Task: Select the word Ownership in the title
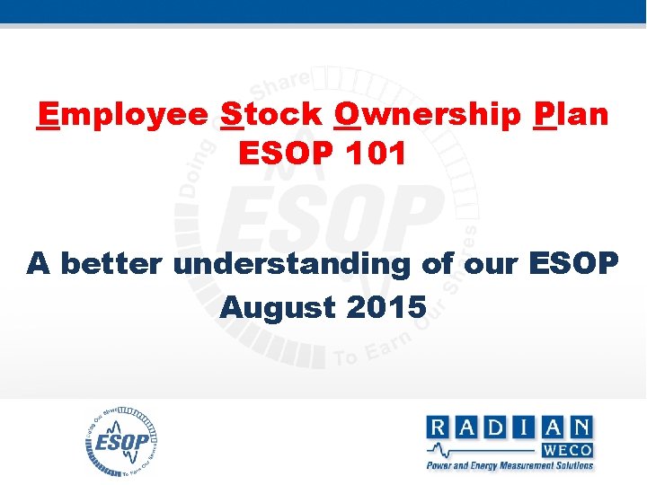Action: click(427, 115)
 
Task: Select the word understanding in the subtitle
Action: click(292, 265)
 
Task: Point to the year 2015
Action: click(385, 306)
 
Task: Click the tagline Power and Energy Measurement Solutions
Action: click(510, 465)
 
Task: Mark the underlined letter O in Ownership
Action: click(346, 115)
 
